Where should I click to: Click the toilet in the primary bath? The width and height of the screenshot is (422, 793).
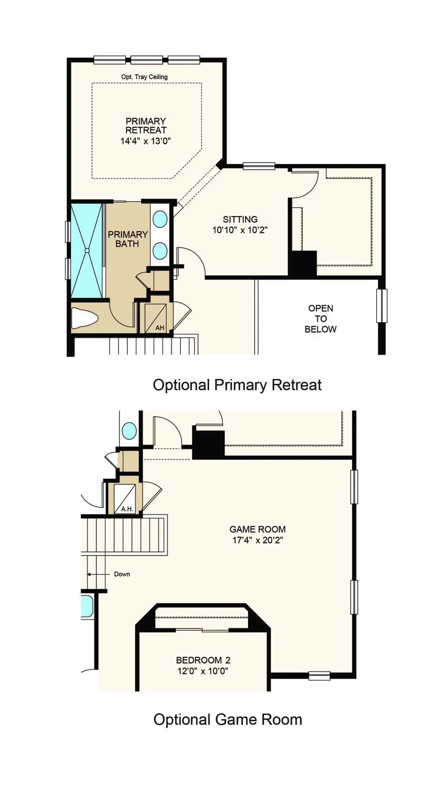84,318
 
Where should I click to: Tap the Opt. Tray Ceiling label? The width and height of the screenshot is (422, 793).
144,77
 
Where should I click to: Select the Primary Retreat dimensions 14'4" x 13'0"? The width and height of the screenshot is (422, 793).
145,141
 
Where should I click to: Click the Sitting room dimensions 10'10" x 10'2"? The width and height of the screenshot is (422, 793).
240,230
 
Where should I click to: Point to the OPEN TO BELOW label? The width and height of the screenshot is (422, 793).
321,319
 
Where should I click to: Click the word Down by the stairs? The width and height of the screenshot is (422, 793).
122,574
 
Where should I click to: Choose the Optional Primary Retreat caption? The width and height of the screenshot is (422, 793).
237,385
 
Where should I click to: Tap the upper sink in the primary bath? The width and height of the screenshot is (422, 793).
160,219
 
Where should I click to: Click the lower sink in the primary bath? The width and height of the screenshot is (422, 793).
160,251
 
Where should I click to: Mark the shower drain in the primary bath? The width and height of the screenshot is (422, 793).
87,251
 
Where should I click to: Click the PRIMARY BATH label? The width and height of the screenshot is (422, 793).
128,239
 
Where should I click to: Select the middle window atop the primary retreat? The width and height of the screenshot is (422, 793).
147,60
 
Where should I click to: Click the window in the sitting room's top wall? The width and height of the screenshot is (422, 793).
259,166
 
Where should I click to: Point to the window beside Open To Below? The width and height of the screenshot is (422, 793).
382,306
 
